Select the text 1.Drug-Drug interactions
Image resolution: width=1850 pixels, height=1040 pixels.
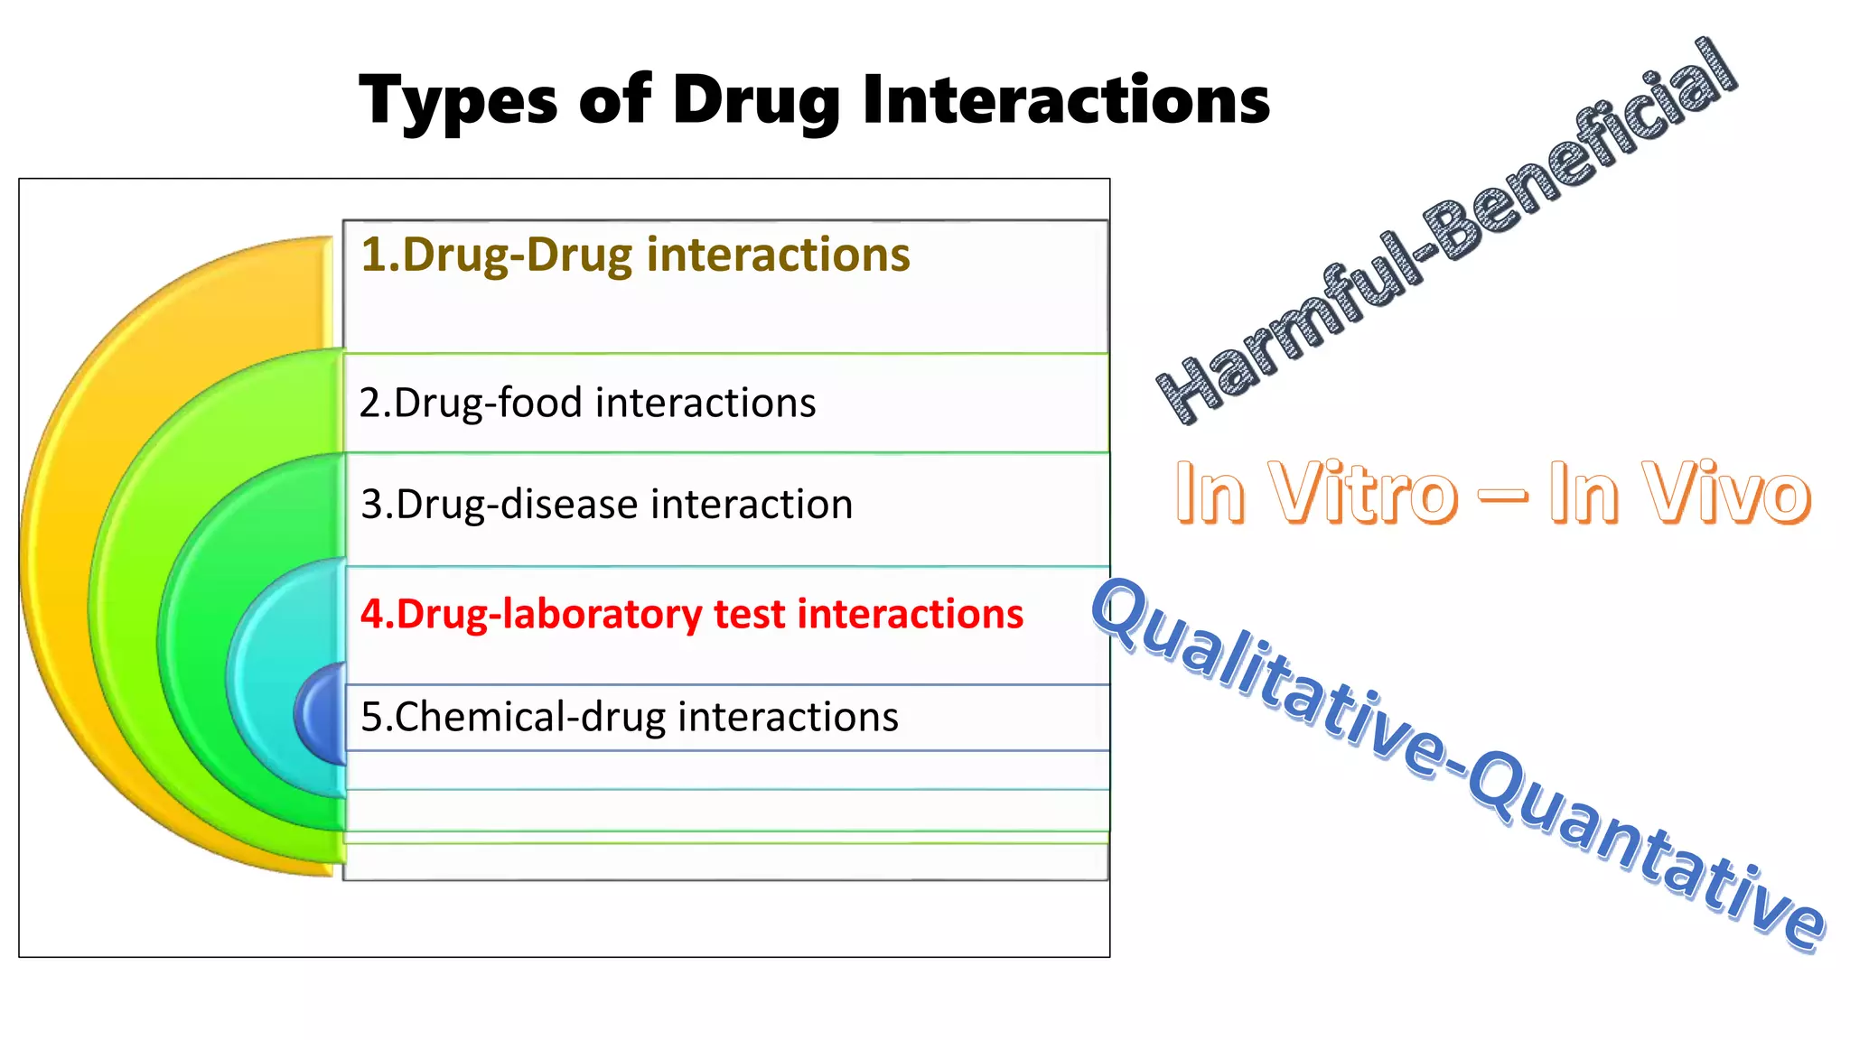pos(635,255)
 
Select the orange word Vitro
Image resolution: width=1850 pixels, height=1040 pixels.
pos(1364,494)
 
